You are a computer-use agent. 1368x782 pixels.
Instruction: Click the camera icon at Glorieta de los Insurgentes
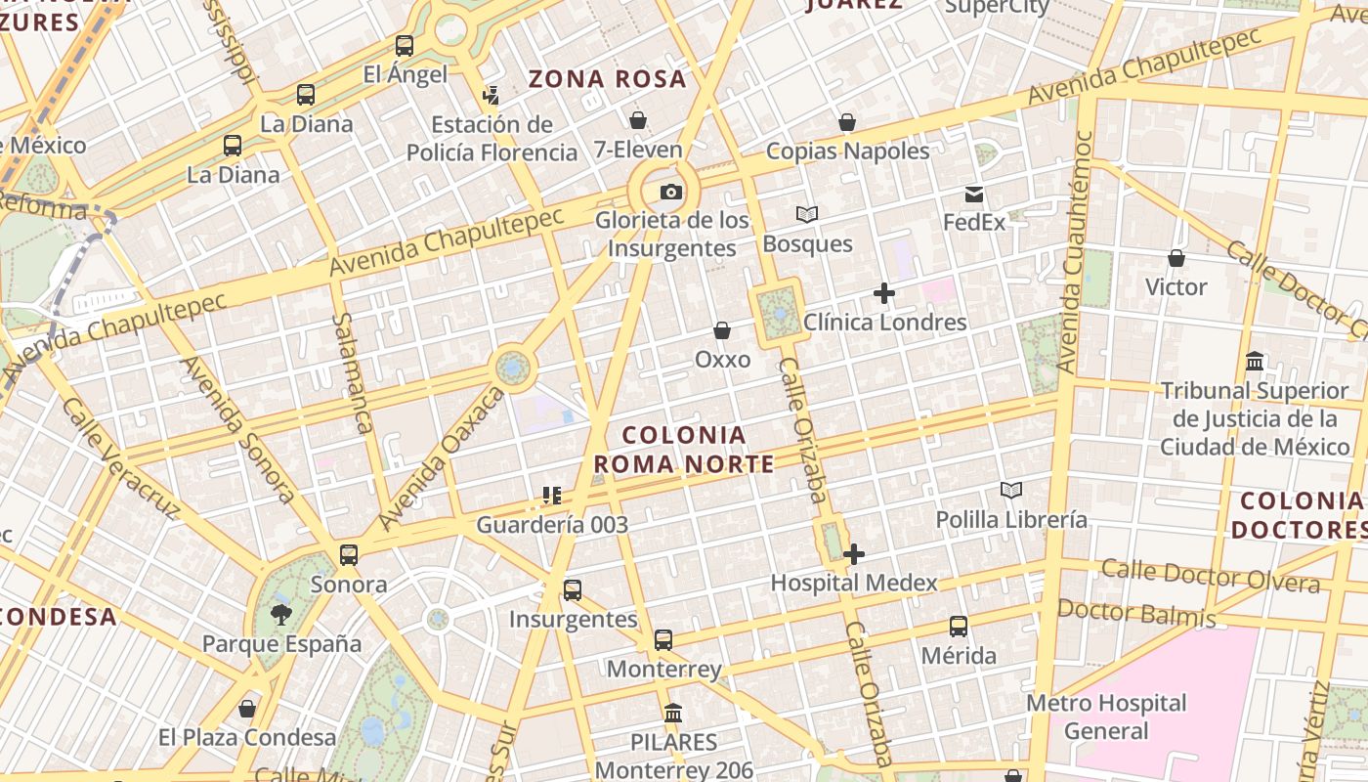pyautogui.click(x=670, y=192)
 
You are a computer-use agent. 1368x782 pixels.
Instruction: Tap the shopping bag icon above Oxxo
pyautogui.click(x=722, y=330)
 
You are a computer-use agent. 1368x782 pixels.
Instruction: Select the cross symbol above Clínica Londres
pyautogui.click(x=884, y=293)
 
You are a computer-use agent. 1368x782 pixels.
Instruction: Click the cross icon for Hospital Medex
pyautogui.click(x=854, y=554)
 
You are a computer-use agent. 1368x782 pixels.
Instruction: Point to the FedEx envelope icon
pyautogui.click(x=974, y=194)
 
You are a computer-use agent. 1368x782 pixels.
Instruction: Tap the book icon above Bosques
pyautogui.click(x=807, y=214)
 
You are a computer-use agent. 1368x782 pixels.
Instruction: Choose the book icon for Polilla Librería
pyautogui.click(x=1011, y=490)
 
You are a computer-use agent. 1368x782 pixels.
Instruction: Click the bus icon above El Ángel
pyautogui.click(x=405, y=45)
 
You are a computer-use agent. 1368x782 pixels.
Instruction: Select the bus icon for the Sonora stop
pyautogui.click(x=349, y=555)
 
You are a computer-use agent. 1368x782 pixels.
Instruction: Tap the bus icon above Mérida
pyautogui.click(x=959, y=627)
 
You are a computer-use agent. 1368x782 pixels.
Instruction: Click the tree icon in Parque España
pyautogui.click(x=281, y=614)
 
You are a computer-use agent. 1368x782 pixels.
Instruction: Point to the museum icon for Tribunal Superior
pyautogui.click(x=1255, y=362)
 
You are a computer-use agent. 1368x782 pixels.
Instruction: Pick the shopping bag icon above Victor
pyautogui.click(x=1176, y=258)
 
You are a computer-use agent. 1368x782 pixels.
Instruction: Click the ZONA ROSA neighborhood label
pyautogui.click(x=608, y=79)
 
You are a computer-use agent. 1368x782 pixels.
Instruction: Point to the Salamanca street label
pyautogui.click(x=352, y=372)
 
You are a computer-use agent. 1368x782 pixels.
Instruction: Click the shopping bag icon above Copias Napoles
pyautogui.click(x=847, y=122)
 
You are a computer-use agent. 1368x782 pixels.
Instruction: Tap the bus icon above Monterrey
pyautogui.click(x=663, y=640)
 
